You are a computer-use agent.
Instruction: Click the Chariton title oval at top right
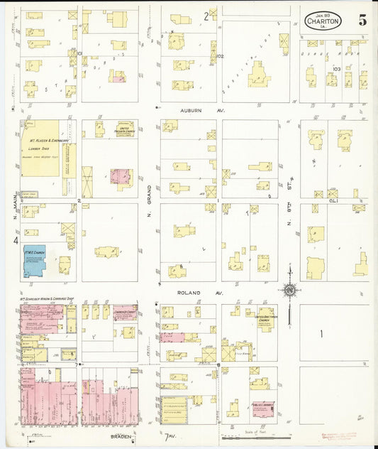point(323,20)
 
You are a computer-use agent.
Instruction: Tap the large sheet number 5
point(362,20)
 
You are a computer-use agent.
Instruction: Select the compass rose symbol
point(289,289)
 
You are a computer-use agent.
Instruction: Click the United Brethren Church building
point(266,319)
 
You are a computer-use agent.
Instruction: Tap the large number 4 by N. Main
point(14,240)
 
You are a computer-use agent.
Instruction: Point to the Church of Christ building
point(124,313)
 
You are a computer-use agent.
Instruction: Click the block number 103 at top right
point(336,69)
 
